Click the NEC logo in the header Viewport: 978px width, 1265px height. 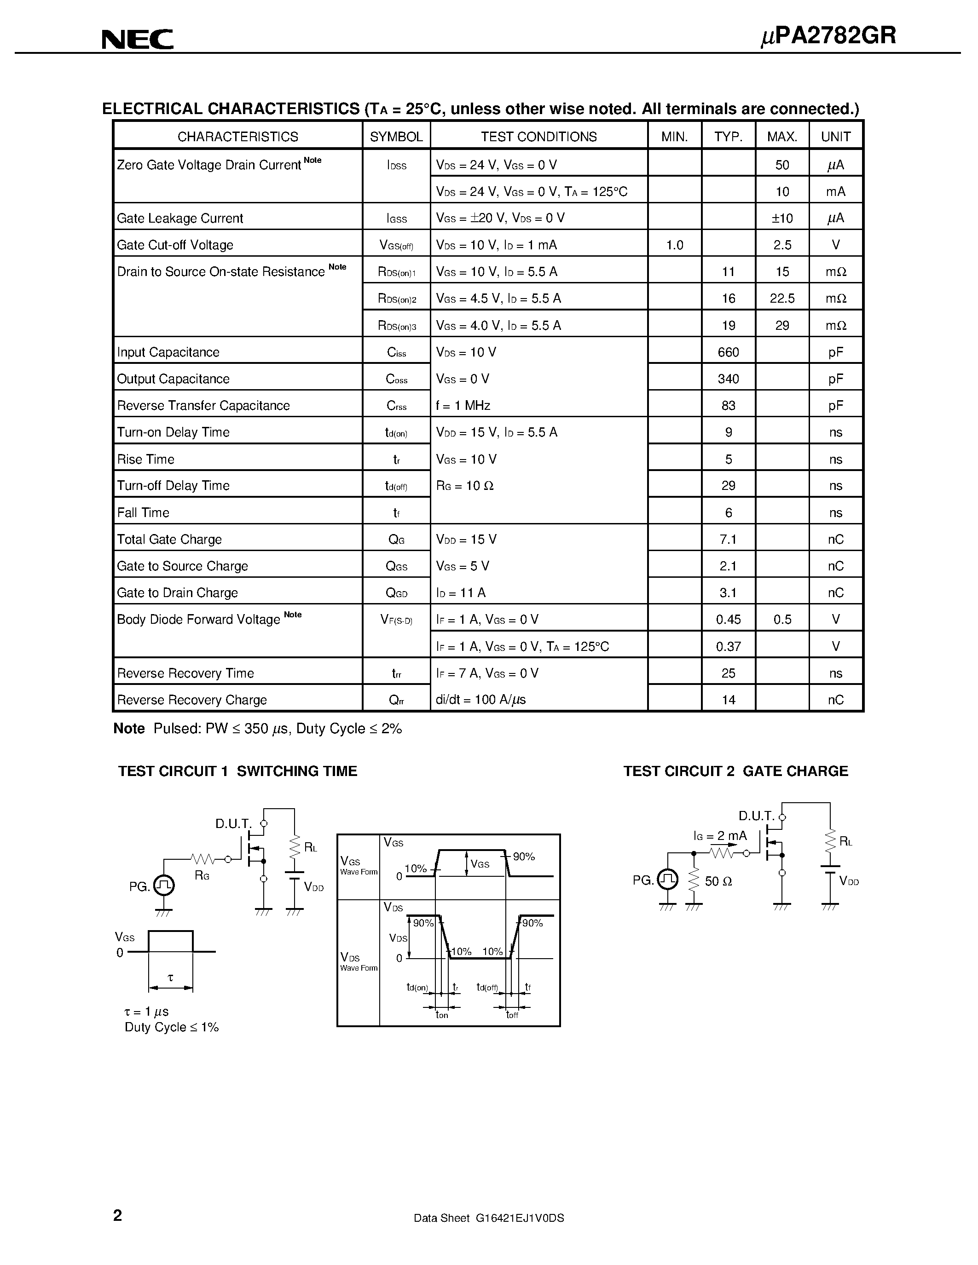click(137, 40)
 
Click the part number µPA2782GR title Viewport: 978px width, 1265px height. click(828, 36)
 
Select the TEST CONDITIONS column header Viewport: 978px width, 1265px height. click(538, 137)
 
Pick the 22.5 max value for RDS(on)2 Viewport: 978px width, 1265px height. click(781, 298)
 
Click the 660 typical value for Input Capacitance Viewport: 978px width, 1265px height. click(728, 352)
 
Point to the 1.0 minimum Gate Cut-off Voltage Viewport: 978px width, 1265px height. click(674, 245)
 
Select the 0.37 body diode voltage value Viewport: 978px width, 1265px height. click(728, 646)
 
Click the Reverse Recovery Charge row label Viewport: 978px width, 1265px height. click(192, 700)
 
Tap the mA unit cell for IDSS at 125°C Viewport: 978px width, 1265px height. click(835, 192)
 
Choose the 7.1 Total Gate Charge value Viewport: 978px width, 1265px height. click(728, 539)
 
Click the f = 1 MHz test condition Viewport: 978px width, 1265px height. click(463, 405)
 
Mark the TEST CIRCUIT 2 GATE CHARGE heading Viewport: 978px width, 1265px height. click(735, 771)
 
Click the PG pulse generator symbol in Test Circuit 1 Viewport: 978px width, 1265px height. click(165, 885)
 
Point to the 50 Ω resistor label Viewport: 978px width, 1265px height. click(718, 881)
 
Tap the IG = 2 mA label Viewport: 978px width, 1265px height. click(720, 836)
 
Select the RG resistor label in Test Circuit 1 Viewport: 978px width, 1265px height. click(202, 876)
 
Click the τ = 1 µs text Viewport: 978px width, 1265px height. click(146, 1011)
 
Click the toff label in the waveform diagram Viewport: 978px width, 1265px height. click(512, 1015)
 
